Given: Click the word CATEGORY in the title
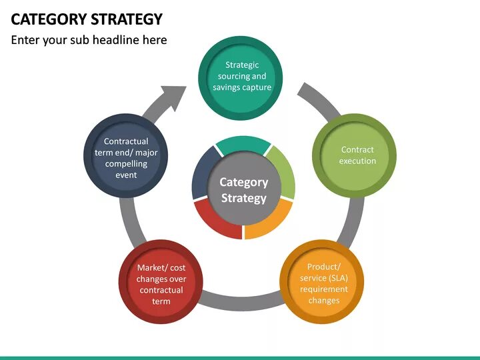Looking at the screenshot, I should pos(46,19).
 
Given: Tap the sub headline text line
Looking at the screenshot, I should pos(89,40).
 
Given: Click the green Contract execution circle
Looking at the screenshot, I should pos(354,155).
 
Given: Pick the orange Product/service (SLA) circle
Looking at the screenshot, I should pos(322,283).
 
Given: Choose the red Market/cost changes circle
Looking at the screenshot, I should pos(161,283).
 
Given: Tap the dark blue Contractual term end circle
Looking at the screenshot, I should pos(126,157).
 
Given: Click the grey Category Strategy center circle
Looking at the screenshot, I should pos(244,189).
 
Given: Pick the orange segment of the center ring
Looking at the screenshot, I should pos(269,219).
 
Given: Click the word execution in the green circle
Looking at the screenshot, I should pos(357,161).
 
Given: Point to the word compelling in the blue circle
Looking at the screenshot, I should pos(126,164).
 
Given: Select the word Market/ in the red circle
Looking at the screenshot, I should pos(151,268).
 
